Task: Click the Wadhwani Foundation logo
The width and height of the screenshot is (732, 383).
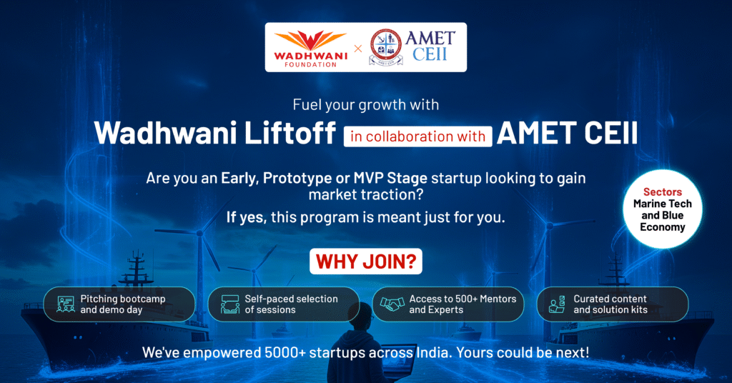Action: click(x=310, y=49)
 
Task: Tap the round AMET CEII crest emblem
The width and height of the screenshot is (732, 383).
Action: click(x=385, y=45)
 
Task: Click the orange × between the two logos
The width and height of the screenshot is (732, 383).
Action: click(x=358, y=48)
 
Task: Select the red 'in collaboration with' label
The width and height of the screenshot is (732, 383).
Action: click(x=417, y=136)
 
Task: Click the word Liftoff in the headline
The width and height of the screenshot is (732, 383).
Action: click(x=290, y=133)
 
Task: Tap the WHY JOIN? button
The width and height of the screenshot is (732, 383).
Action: click(x=366, y=262)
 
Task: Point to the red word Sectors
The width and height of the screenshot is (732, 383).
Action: click(x=663, y=191)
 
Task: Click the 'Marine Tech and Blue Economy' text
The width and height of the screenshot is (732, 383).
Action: click(x=663, y=215)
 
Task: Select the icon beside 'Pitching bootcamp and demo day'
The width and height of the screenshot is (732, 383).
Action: click(x=66, y=304)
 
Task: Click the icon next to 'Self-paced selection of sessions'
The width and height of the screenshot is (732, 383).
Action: click(x=229, y=304)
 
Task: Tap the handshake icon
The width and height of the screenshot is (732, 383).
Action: click(x=392, y=304)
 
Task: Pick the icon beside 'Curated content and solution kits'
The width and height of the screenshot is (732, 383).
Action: click(x=557, y=304)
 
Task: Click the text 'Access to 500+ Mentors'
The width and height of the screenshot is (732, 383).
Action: click(x=463, y=299)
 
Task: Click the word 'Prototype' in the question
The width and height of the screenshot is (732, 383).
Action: click(x=297, y=178)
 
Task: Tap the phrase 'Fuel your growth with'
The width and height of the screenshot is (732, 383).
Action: click(x=366, y=105)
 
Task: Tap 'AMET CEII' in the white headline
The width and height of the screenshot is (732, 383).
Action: click(x=567, y=133)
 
